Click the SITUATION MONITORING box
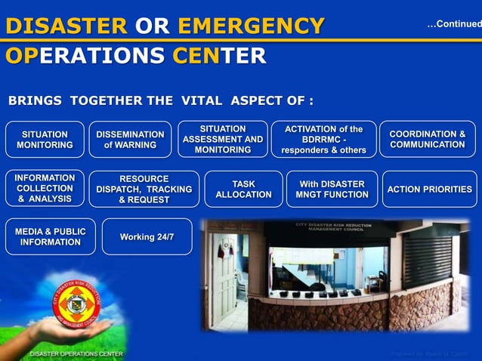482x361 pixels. pyautogui.click(x=45, y=140)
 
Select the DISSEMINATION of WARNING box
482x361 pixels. pyautogui.click(x=130, y=140)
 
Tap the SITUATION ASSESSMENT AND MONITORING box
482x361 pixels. pyautogui.click(x=223, y=140)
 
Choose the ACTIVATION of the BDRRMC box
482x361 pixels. pyautogui.click(x=323, y=140)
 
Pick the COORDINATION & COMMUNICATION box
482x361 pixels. pyautogui.click(x=427, y=140)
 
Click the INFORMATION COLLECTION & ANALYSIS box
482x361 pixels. pyautogui.click(x=45, y=189)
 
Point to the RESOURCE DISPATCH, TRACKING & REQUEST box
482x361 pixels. pyautogui.click(x=144, y=190)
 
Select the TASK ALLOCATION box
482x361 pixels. pyautogui.click(x=243, y=190)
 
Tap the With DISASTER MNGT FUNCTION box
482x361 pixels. pyautogui.click(x=332, y=190)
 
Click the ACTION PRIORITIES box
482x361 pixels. pyautogui.click(x=429, y=190)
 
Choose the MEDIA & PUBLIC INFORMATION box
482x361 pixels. pyautogui.click(x=50, y=237)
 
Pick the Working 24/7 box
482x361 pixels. pyautogui.click(x=147, y=237)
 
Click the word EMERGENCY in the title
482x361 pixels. pyautogui.click(x=251, y=27)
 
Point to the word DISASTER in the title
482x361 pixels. pyautogui.click(x=66, y=27)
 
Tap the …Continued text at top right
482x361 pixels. pyautogui.click(x=453, y=24)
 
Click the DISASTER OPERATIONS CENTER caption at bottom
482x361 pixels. pyautogui.click(x=76, y=353)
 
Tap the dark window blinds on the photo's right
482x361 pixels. pyautogui.click(x=427, y=257)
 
